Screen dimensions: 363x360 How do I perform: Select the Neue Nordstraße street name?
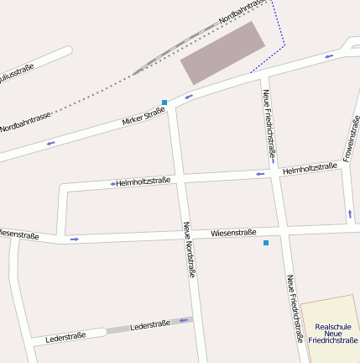[189, 250]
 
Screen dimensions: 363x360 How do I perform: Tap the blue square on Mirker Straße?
[164, 103]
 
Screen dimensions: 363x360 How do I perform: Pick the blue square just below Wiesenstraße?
[266, 243]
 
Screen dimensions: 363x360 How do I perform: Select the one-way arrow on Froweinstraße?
[350, 213]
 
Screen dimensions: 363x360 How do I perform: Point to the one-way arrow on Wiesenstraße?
[75, 239]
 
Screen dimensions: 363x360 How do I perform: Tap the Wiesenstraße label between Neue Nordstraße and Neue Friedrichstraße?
[233, 232]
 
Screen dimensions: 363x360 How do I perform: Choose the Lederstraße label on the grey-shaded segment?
[150, 324]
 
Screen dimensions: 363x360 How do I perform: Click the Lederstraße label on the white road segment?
[65, 337]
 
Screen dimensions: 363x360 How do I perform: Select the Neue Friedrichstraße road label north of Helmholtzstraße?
[269, 124]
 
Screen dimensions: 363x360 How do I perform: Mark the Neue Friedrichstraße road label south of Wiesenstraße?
[294, 308]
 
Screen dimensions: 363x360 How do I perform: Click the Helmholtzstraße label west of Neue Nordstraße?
[143, 181]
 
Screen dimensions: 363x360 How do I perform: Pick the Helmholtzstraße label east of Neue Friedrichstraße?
[310, 169]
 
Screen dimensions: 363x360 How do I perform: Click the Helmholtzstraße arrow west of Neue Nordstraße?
[112, 183]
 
